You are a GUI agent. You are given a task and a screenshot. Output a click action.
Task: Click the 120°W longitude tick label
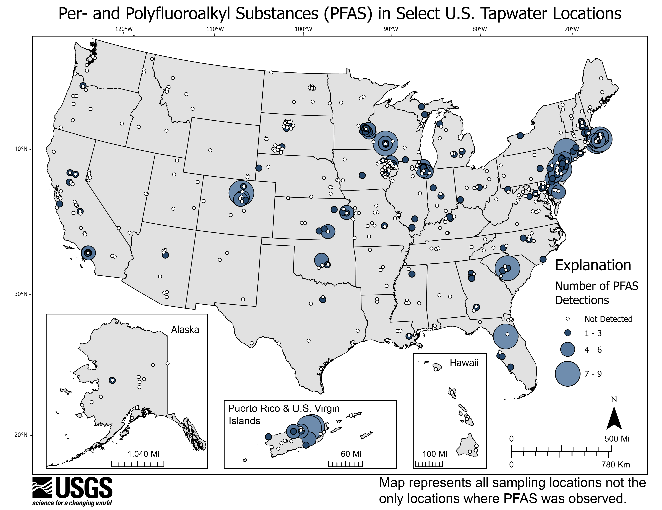point(124,29)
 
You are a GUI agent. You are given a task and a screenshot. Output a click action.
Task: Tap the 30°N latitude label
point(21,294)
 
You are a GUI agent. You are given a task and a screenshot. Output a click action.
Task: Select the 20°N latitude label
point(21,435)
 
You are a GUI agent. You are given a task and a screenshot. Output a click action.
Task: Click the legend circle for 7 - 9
point(567,374)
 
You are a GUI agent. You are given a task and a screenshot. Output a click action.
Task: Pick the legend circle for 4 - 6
point(567,349)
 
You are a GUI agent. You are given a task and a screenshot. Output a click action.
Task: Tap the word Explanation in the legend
point(593,265)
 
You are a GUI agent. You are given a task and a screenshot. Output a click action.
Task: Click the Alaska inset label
point(185,330)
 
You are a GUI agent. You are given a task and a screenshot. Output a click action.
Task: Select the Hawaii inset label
point(464,363)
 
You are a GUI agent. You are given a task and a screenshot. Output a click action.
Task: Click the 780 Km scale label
point(615,464)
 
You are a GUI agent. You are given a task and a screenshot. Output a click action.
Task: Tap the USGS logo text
point(83,487)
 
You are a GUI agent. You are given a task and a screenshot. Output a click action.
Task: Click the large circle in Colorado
point(241,193)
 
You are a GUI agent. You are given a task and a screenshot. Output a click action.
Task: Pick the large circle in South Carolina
point(507,268)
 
